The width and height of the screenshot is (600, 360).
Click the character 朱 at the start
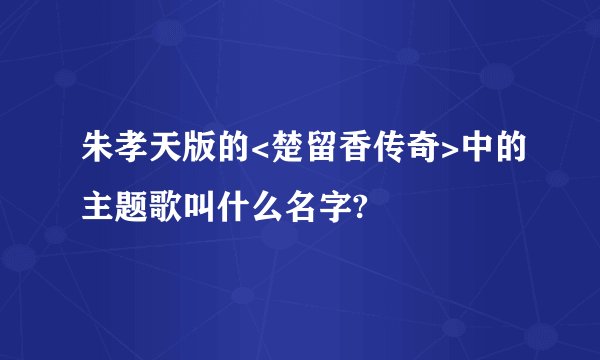tap(97, 151)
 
